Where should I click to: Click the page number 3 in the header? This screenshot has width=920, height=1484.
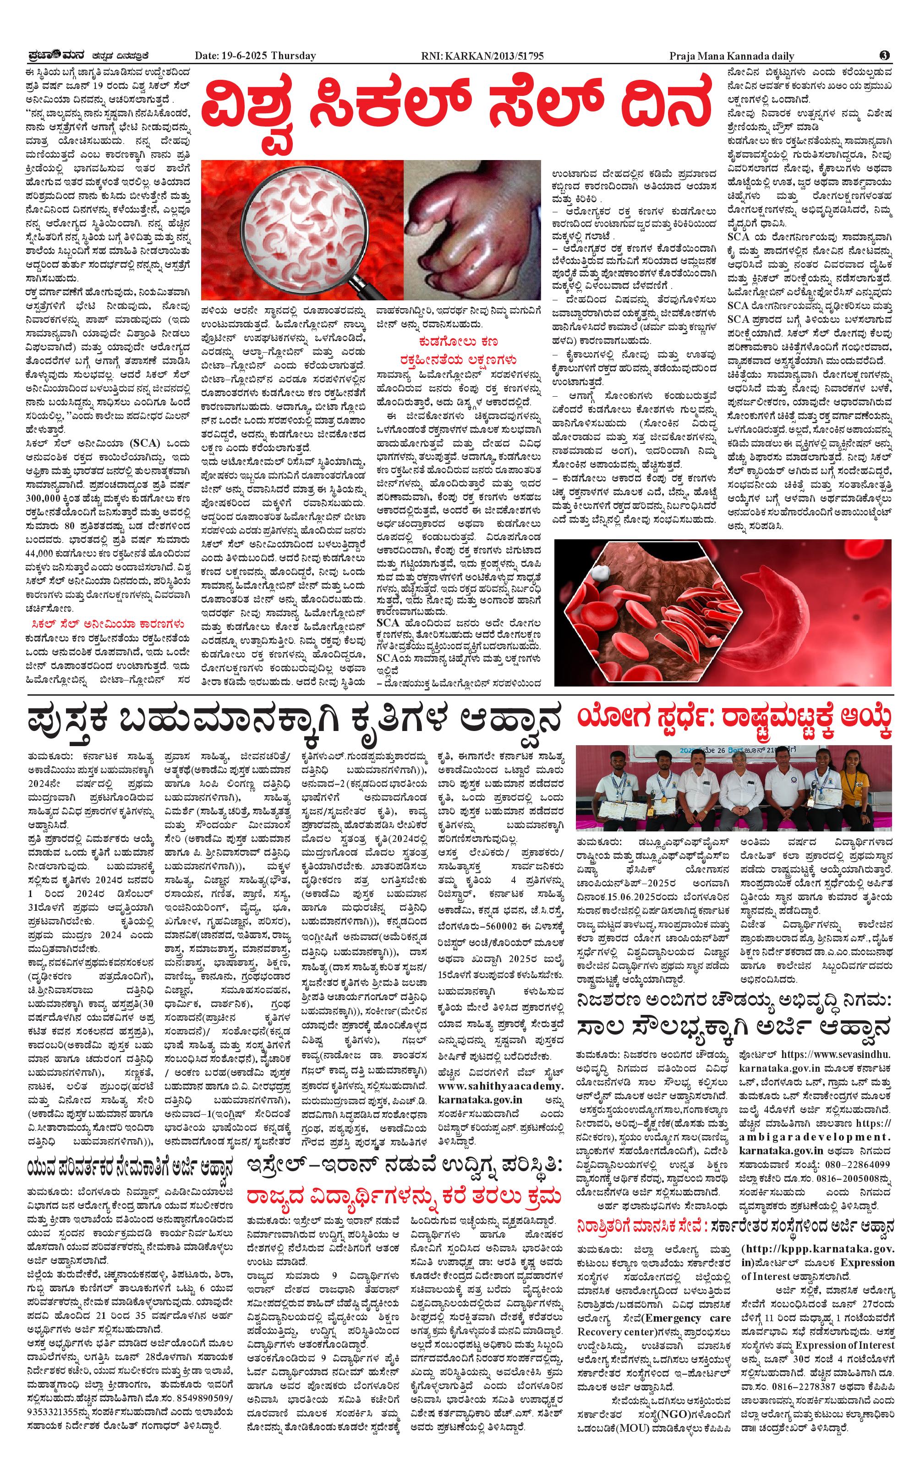click(884, 55)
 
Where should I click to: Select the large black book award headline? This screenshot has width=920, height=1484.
click(293, 720)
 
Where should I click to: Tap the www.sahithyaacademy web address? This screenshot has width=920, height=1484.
click(500, 1086)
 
